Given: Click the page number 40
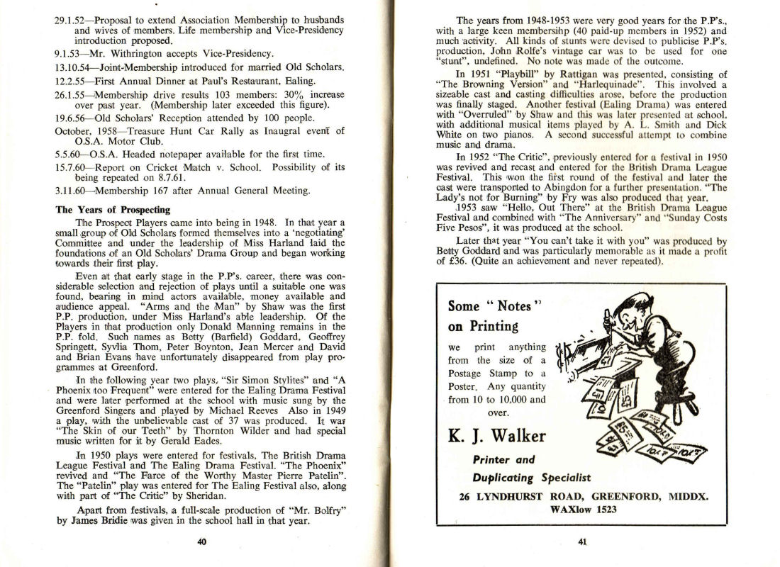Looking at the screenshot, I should (x=201, y=542).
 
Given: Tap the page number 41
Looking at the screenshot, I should (x=582, y=543).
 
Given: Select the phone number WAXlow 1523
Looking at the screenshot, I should (x=582, y=509).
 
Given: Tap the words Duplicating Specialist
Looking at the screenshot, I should (x=531, y=477).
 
